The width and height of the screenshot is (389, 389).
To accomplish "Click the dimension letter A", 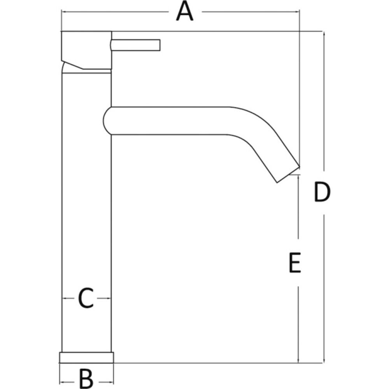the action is (184, 11).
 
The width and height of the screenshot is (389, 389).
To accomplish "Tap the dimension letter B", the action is (86, 378).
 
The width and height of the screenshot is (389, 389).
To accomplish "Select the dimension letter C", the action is (86, 298).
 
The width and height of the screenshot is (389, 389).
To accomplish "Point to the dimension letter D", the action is (322, 192).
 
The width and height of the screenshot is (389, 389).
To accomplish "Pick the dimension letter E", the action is (295, 263).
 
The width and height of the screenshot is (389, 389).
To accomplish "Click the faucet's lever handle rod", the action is (135, 45).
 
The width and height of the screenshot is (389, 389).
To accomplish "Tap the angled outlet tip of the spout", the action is (288, 174).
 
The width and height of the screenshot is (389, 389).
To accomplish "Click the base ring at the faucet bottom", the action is (86, 357).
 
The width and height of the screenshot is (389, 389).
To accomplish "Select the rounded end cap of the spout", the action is (107, 121).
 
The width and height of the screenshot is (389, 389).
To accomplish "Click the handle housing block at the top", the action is (86, 50).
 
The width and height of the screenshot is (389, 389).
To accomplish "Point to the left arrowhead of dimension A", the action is (63, 11).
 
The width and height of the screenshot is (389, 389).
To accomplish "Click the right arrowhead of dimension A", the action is (297, 11).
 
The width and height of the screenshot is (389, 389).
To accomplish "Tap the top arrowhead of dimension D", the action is (324, 34).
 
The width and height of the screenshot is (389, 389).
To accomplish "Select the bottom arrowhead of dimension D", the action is (324, 361).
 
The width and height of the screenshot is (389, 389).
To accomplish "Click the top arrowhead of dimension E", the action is (298, 177).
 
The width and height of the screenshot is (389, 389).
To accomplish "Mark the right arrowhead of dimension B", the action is (111, 382).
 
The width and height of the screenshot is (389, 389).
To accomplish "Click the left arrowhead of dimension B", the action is (62, 382).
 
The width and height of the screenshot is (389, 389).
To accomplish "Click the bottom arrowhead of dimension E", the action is (298, 361).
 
